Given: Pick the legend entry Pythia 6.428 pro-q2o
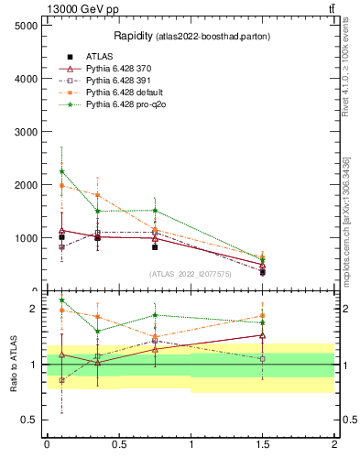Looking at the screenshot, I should pos(125,104).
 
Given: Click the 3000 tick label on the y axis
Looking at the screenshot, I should pos(27,132).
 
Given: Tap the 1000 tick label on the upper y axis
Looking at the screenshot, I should pos(27,238).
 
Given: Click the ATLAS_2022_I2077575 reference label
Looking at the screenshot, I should pos(190,274).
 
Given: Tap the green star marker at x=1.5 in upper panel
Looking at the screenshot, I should pos(262,258).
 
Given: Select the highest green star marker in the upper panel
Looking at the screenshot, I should pos(61,171).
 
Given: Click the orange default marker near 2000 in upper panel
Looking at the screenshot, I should pos(61,186).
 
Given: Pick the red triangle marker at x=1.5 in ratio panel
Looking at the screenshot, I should pos(262,335).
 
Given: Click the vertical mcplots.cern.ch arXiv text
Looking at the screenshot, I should pos(346,220).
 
